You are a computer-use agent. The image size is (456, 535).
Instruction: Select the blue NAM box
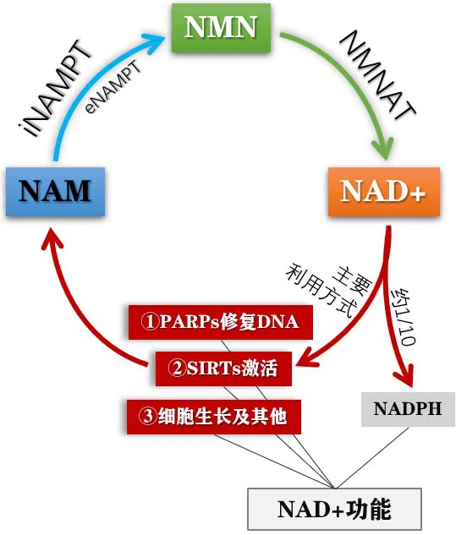pyautogui.click(x=55, y=191)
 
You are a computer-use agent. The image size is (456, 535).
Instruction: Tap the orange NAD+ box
pyautogui.click(x=383, y=192)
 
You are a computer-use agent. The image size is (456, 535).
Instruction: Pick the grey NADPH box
pyautogui.click(x=408, y=408)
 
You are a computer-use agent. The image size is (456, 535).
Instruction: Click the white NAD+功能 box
pyautogui.click(x=333, y=509)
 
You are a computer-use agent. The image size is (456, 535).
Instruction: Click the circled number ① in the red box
pyautogui.click(x=150, y=321)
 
